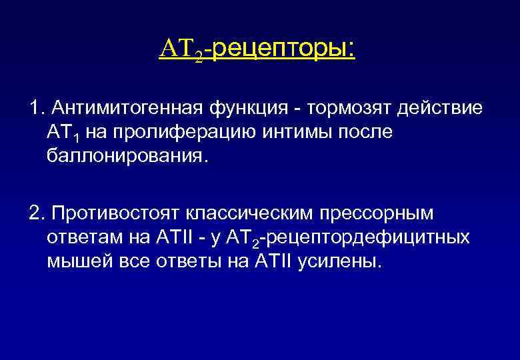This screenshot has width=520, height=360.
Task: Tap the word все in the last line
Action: (x=122, y=262)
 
